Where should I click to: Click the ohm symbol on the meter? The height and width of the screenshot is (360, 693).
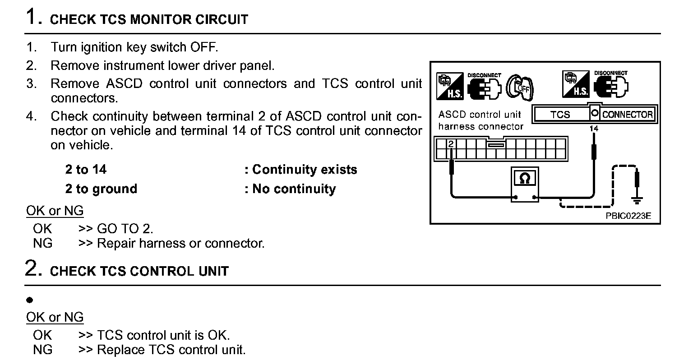pos(525,179)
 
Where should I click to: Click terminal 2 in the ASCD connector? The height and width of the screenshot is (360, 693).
pos(450,144)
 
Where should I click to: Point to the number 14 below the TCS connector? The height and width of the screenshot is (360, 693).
pos(594,129)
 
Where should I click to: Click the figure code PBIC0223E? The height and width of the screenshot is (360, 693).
pos(628,216)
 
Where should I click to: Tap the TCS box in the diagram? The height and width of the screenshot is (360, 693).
pos(560,115)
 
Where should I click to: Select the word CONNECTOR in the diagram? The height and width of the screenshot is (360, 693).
pos(627,115)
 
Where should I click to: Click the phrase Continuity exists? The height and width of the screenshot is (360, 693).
pos(305,170)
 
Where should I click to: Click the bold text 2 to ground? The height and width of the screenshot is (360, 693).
pos(101,189)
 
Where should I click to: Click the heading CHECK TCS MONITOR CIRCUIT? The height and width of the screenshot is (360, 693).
pos(149,20)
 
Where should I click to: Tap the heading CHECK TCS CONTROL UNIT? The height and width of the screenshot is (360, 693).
pos(139,271)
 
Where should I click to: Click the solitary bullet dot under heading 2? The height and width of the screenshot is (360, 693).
pos(30,300)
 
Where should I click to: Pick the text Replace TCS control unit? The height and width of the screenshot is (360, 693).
pos(171,350)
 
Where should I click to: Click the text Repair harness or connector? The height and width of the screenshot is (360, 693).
pos(181,244)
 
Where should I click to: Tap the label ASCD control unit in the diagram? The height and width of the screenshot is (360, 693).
pos(480,115)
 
